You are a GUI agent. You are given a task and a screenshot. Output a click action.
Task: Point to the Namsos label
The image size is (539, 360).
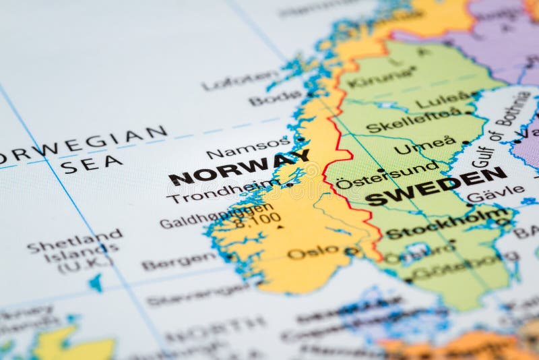(248, 148)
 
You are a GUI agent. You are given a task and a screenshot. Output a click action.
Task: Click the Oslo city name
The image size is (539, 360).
(313, 252)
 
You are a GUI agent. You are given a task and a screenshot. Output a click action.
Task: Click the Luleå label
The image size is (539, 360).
(443, 100)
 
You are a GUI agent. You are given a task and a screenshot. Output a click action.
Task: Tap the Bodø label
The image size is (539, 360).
(275, 98)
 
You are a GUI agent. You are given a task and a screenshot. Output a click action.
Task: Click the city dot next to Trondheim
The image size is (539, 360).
(290, 184)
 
